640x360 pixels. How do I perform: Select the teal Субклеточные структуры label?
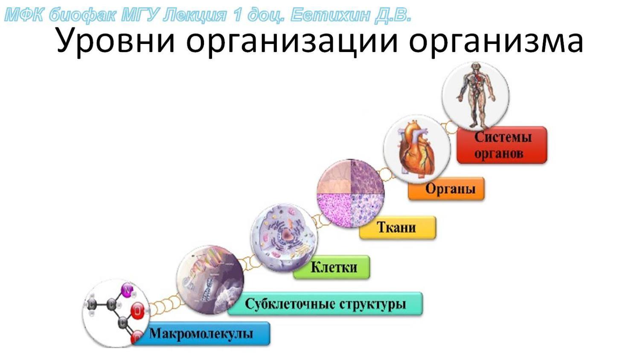point(325,304)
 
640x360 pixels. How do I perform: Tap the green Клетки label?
point(332,267)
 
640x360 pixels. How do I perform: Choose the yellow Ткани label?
point(398,228)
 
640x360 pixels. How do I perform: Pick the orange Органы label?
point(446,189)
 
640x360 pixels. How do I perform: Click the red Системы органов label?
point(502,145)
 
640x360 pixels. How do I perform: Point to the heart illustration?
point(416,148)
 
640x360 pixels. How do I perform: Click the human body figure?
point(475,95)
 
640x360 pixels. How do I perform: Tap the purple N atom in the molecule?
point(127,290)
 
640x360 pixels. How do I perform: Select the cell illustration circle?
point(284,237)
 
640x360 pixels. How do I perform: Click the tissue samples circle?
point(351,193)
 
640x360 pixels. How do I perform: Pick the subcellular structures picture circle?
point(210,279)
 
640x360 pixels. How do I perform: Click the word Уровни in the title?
point(116,41)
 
